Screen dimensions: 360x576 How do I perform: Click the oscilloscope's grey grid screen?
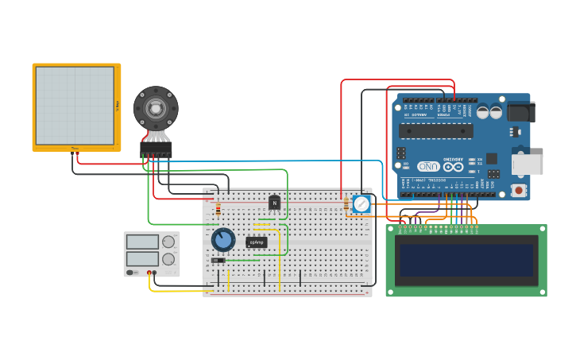pos(75,106)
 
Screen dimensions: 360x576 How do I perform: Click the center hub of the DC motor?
pos(156,108)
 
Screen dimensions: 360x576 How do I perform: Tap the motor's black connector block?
pos(156,148)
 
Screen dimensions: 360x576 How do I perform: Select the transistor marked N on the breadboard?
pos(274,203)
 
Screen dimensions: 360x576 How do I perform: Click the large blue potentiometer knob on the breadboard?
pos(223,239)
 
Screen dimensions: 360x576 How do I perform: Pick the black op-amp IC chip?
pos(257,242)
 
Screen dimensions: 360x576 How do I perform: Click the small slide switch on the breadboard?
pos(218,260)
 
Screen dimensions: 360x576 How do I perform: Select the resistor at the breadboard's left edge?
pos(218,209)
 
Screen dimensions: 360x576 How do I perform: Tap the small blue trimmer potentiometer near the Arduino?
pos(361,204)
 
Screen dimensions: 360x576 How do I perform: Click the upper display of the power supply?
pos(143,242)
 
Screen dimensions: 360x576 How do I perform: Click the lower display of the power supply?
pos(143,259)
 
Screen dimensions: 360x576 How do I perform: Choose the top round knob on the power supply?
pos(168,242)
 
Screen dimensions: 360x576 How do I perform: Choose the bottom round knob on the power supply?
pos(168,260)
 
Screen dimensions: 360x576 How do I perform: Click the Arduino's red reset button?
pos(519,190)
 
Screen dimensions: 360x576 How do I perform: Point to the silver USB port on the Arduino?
pos(528,164)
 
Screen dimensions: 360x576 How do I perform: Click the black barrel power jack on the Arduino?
pos(520,111)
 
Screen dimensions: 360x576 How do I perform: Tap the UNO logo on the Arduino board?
pos(428,167)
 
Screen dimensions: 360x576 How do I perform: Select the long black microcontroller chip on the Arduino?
pos(435,131)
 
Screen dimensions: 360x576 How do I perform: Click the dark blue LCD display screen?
pos(466,260)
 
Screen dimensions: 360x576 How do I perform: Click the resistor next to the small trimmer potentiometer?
pos(346,204)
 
